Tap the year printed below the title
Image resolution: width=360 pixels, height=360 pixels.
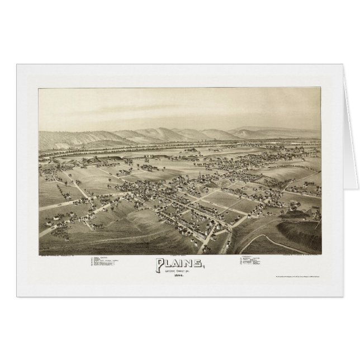coord(177,276)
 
